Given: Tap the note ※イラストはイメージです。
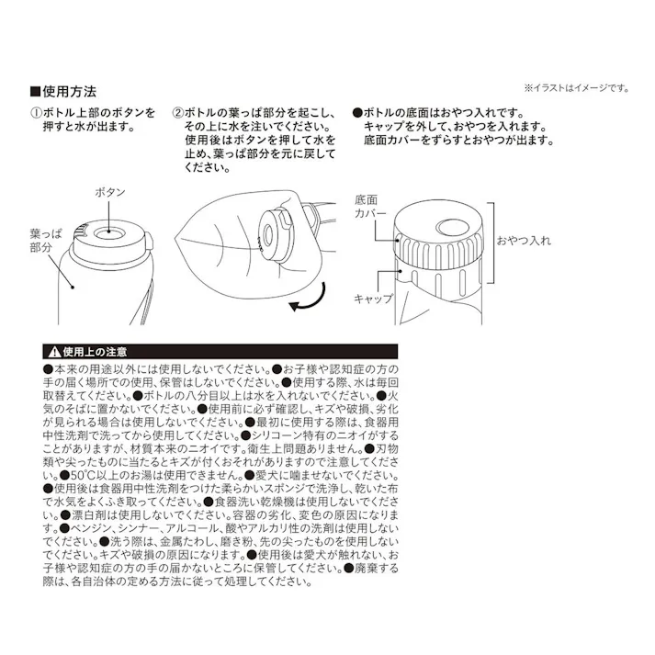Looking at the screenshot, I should (576, 88).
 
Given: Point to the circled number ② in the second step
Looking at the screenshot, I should (178, 110).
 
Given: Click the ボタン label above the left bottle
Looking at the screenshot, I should (110, 192).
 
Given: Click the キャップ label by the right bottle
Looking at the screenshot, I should (374, 299).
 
